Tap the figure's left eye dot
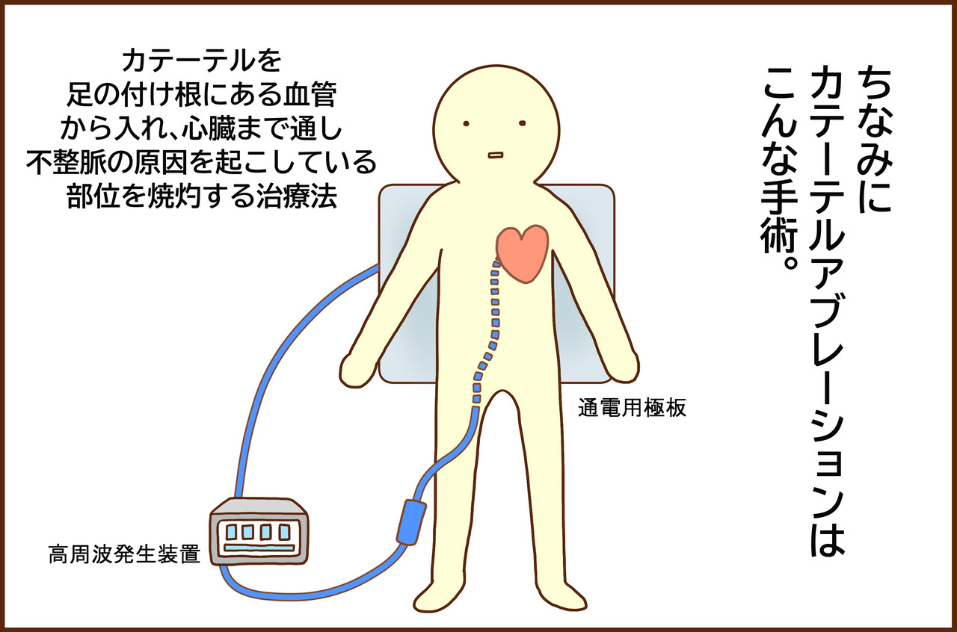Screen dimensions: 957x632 pos(465,123)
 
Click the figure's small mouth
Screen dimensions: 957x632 pos(495,155)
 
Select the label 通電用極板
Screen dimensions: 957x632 pos(632,409)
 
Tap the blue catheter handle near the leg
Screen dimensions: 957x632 pos(411,521)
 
